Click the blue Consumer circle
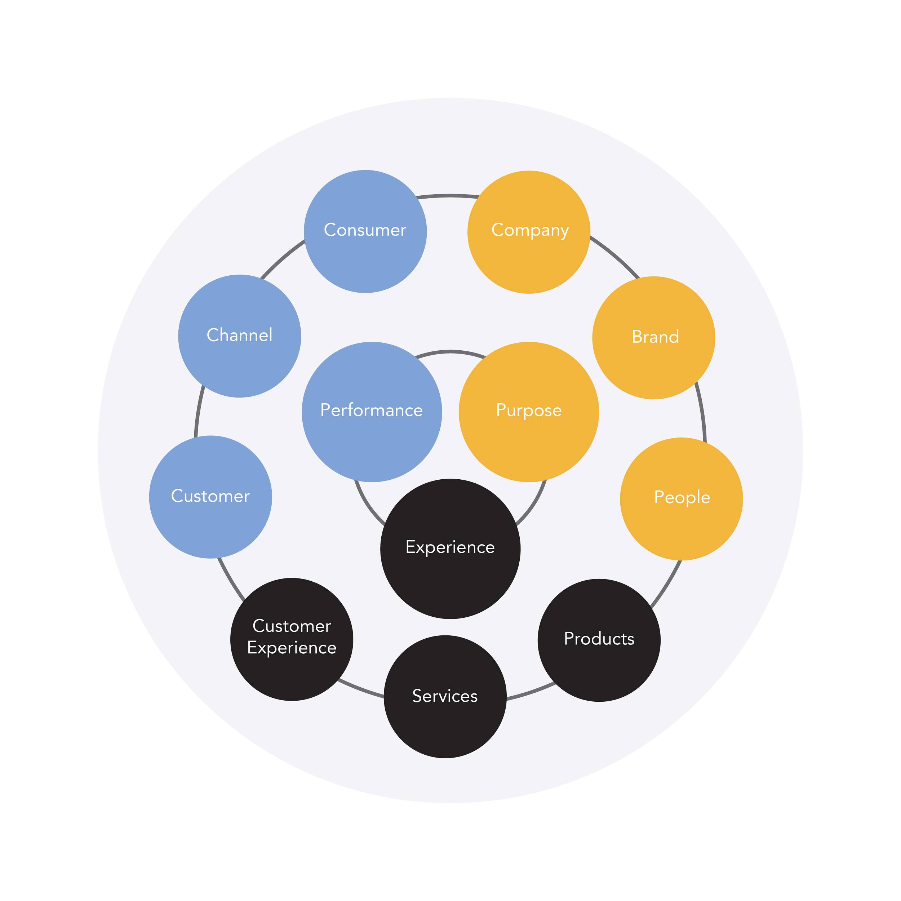(x=365, y=232)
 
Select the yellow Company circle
(x=529, y=232)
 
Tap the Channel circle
(x=240, y=336)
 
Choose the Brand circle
(x=654, y=338)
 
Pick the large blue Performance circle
(x=372, y=412)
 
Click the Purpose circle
(x=529, y=412)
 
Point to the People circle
(x=682, y=498)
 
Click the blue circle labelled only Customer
(x=210, y=497)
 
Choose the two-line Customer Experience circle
(x=292, y=639)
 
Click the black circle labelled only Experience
(x=450, y=549)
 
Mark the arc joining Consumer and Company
(x=448, y=195)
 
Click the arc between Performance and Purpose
(x=450, y=351)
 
